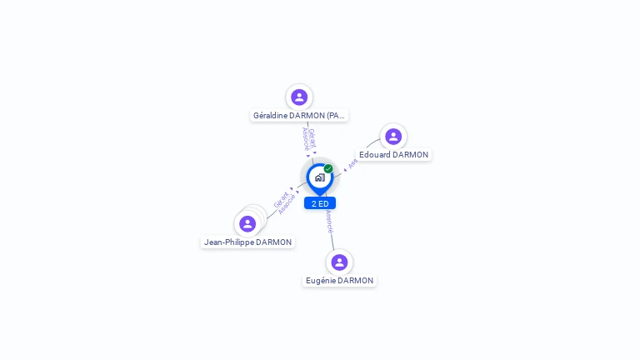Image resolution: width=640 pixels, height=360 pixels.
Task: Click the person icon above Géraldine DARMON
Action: click(299, 97)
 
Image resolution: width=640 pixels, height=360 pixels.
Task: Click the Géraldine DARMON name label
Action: click(299, 116)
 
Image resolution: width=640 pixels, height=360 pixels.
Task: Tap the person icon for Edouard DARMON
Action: click(393, 137)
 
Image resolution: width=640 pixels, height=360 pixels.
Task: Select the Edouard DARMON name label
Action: click(393, 155)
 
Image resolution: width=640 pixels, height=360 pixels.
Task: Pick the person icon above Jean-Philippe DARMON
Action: click(247, 223)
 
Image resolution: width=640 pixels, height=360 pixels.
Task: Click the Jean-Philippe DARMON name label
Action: click(247, 242)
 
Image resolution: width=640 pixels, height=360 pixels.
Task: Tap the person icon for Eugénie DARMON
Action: click(339, 262)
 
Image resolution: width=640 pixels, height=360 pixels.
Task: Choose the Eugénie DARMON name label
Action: click(339, 281)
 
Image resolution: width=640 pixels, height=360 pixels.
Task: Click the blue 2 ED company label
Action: click(320, 203)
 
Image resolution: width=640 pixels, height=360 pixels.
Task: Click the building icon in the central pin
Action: click(319, 177)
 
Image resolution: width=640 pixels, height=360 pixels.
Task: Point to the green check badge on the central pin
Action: click(328, 168)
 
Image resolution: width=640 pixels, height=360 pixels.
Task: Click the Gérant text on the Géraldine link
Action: click(312, 137)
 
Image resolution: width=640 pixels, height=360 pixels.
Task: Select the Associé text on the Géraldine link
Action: click(305, 138)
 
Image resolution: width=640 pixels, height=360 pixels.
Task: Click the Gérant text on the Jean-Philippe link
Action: click(281, 200)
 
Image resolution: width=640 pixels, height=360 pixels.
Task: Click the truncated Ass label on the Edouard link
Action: click(352, 163)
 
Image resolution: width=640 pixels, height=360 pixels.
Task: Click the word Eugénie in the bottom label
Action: click(321, 281)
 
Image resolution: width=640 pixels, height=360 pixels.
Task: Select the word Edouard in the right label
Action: click(375, 155)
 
